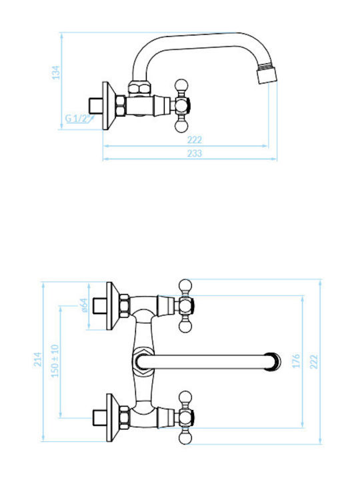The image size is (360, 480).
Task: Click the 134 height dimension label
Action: [56, 73]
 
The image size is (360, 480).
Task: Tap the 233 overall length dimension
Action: [195, 153]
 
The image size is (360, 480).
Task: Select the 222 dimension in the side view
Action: [195, 140]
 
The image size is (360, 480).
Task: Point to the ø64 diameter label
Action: [84, 305]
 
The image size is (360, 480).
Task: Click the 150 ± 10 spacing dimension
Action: [55, 361]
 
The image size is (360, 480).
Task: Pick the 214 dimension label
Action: [37, 359]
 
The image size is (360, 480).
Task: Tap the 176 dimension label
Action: [296, 361]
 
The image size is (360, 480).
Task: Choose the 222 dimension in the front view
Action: [314, 362]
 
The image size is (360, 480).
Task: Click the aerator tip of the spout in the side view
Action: [267, 73]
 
